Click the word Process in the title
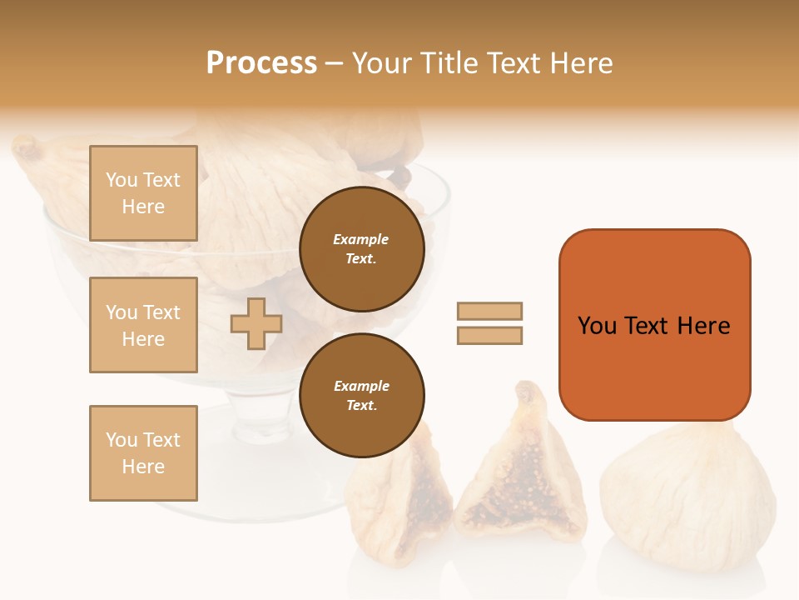pos(261,62)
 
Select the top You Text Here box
pos(143,193)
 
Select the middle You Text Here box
pos(143,325)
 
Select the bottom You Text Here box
pos(143,453)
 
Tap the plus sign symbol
pos(256,323)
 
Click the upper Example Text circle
pos(361,249)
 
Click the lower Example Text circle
pos(361,395)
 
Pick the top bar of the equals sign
pos(489,311)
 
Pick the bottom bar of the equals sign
pos(489,336)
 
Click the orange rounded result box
pos(654,325)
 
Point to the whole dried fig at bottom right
pos(687,492)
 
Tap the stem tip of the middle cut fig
pos(526,391)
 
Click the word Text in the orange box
pos(647,325)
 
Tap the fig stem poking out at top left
pos(26,147)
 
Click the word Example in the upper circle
pos(361,239)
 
